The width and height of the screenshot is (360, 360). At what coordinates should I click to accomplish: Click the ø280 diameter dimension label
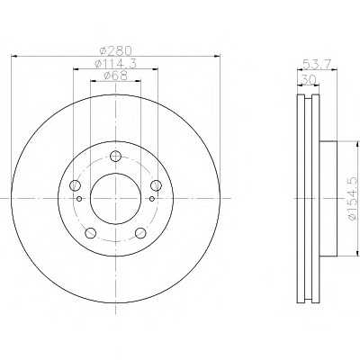tap(115, 50)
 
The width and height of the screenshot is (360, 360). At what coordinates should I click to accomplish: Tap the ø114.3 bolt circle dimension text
tap(115, 63)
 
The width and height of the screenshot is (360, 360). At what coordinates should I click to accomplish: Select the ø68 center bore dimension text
tap(115, 76)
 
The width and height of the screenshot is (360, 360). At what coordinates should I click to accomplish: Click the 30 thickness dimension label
tap(308, 80)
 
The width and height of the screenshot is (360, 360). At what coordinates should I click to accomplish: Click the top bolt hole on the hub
tap(115, 156)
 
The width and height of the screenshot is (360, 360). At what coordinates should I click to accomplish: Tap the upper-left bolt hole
tap(75, 185)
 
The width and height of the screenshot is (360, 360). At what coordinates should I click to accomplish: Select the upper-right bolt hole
tap(156, 185)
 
